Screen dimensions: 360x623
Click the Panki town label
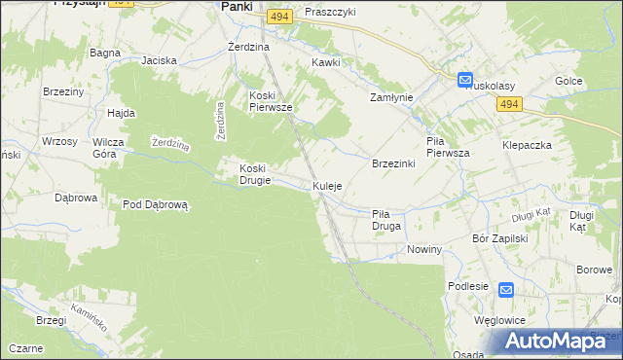point(237,6)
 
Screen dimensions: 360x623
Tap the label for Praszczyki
point(330,12)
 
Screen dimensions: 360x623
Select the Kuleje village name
point(327,186)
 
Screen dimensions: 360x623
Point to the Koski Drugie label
point(261,173)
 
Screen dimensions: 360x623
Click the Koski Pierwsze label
point(271,101)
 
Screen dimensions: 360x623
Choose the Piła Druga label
point(386,220)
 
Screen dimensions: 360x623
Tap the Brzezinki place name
point(394,163)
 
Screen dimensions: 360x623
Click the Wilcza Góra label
point(111,147)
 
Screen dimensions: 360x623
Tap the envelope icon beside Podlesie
point(506,290)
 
